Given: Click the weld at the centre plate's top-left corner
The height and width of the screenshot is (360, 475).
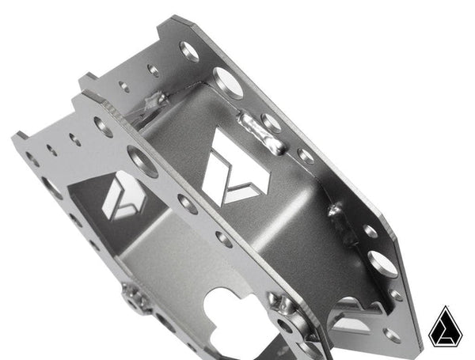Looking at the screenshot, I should pos(155,101).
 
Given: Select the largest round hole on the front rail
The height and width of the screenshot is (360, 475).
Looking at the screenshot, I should pos(142,161).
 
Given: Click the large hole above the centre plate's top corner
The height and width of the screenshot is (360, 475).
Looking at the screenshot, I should pos(228,82).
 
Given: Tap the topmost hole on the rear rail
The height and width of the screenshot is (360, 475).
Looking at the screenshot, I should pos(190,51).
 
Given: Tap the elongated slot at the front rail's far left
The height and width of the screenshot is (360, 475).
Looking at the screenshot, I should pos(51,188).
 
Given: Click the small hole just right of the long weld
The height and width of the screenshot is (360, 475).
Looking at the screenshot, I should pos(305,155).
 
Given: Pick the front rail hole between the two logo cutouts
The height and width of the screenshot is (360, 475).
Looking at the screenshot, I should pos(188,204).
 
